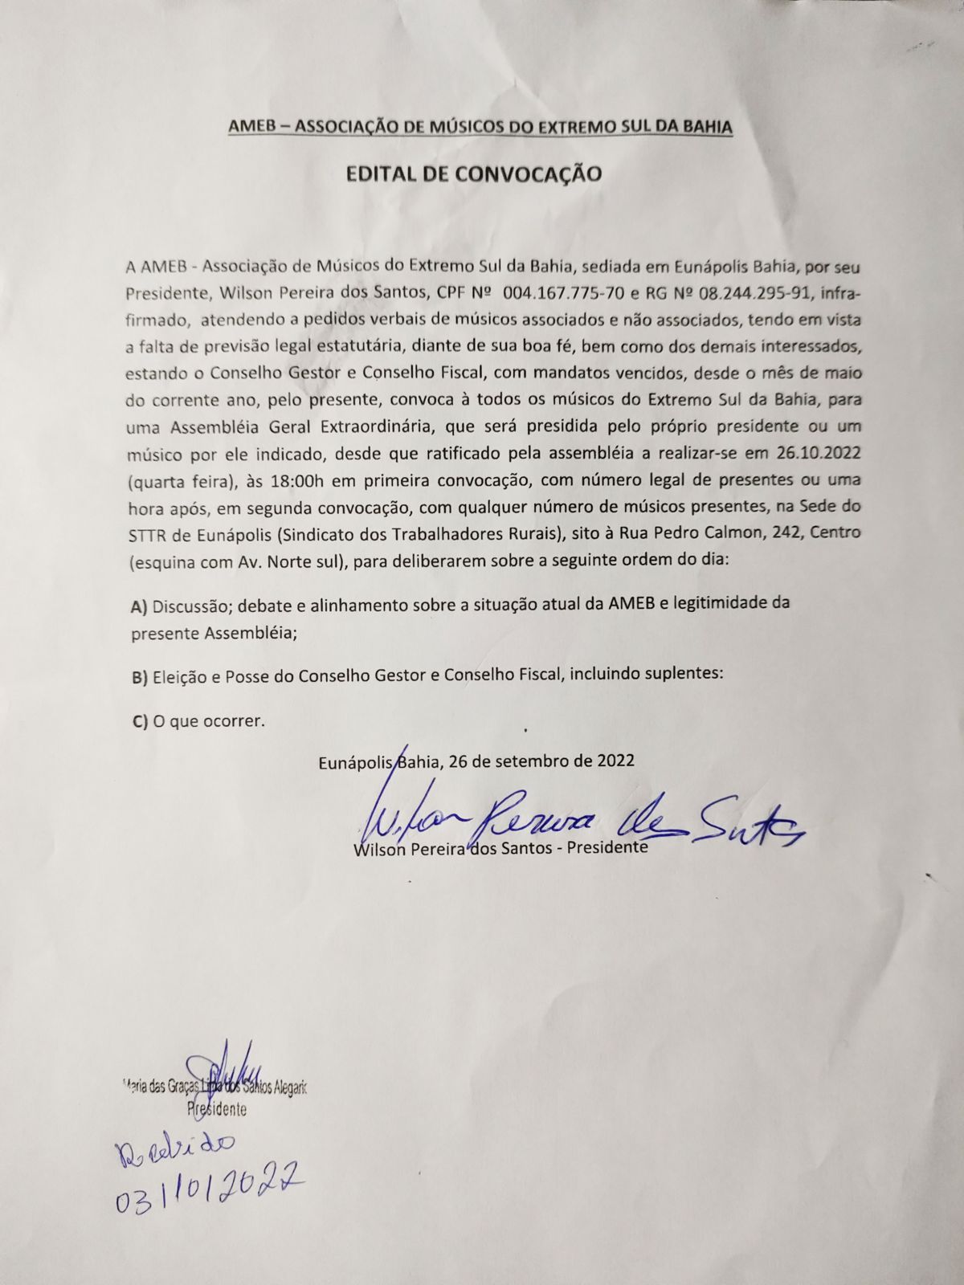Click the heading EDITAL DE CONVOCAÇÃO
[473, 173]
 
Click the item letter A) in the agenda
[139, 606]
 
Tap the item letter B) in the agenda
[139, 676]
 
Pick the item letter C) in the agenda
[139, 721]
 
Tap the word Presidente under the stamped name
[216, 1109]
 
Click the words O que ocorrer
[208, 721]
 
